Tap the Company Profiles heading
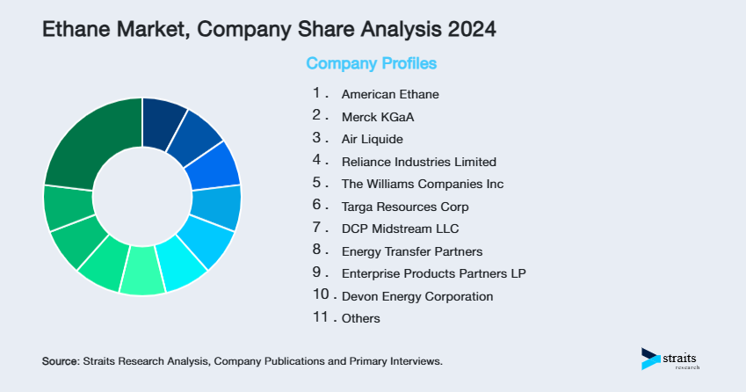click(x=371, y=63)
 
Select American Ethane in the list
click(x=390, y=93)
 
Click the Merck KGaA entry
click(x=377, y=116)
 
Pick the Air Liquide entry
click(x=373, y=139)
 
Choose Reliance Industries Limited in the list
click(x=419, y=162)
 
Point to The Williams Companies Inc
click(x=423, y=184)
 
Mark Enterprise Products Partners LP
click(x=433, y=273)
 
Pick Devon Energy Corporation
click(x=417, y=296)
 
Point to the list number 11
click(x=321, y=317)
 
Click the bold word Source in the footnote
click(x=60, y=361)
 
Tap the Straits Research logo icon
click(x=649, y=358)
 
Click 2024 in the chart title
click(x=471, y=29)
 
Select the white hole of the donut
click(x=141, y=196)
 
